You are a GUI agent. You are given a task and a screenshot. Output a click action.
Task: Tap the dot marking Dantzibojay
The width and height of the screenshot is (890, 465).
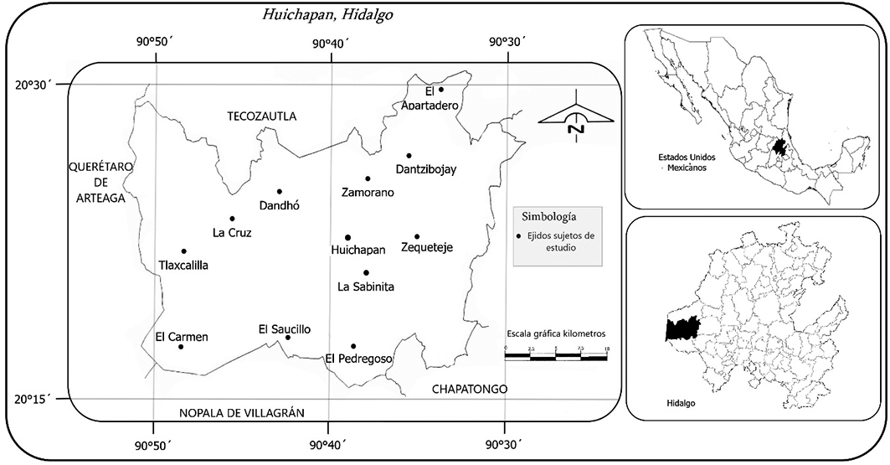click(409, 155)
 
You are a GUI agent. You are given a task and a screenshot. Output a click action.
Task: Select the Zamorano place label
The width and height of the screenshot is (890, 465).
click(367, 193)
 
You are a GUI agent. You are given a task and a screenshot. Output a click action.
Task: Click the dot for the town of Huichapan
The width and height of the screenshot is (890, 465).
click(347, 237)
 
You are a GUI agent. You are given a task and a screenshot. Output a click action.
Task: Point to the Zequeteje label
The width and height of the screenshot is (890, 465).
click(428, 247)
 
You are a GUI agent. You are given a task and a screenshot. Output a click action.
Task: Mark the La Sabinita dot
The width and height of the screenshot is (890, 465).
click(366, 272)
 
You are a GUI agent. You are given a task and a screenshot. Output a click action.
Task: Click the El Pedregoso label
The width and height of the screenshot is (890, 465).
click(359, 359)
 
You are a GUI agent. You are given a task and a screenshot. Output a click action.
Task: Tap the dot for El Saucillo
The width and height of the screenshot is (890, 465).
click(287, 337)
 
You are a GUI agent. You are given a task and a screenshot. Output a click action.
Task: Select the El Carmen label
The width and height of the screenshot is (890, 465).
click(182, 338)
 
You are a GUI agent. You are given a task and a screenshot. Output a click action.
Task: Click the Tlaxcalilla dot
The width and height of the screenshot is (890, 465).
click(183, 251)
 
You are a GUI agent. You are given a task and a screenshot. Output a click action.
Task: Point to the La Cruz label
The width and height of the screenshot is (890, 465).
click(232, 233)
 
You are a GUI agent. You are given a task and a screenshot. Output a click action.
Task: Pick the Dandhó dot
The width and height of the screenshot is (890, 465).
click(280, 191)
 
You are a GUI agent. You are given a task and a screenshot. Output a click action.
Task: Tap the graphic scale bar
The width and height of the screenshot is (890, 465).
click(556, 357)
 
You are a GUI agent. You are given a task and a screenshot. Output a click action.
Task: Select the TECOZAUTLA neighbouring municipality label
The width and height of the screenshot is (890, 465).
click(262, 116)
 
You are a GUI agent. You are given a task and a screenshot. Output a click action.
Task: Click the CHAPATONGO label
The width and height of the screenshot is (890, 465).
click(470, 389)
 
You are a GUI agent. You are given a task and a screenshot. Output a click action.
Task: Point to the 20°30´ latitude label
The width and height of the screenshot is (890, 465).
click(33, 85)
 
